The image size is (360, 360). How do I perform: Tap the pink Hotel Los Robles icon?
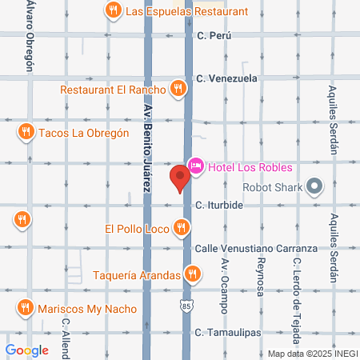(x=195, y=167)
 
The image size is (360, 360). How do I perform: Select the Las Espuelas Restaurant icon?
(x=114, y=11)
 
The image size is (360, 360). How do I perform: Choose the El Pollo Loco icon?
(x=182, y=229)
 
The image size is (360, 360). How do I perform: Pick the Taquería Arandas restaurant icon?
(x=192, y=275)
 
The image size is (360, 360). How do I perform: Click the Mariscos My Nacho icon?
(x=26, y=307)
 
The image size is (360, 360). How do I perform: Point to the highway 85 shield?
(x=187, y=305)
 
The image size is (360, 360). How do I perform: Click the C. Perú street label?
(x=214, y=36)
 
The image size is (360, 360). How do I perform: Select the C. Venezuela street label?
(x=226, y=78)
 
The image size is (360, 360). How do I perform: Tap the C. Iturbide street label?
(x=219, y=205)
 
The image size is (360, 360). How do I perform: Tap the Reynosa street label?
(x=260, y=276)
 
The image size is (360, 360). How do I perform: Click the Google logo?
(x=27, y=350)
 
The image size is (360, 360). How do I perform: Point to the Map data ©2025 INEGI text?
(x=312, y=353)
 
